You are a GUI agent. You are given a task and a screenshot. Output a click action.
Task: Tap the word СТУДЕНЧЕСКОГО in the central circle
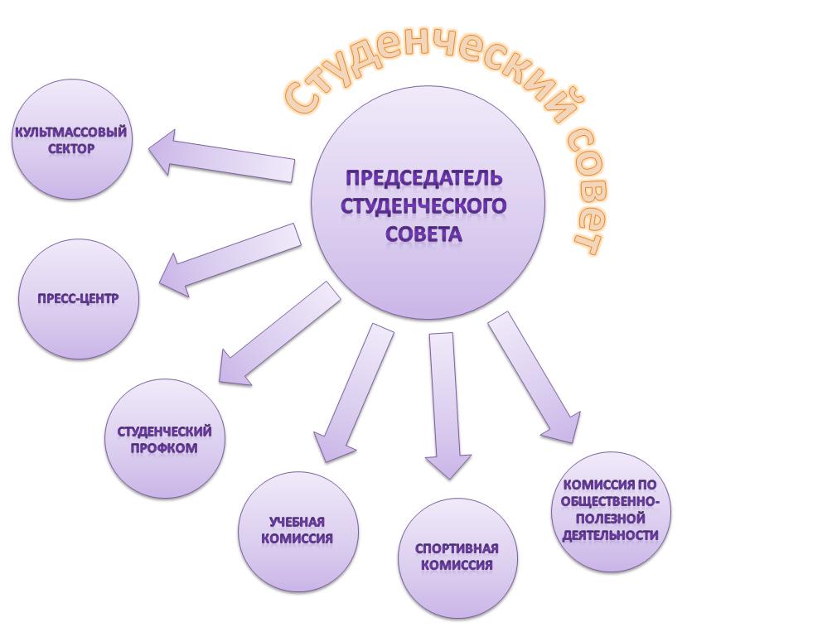423,206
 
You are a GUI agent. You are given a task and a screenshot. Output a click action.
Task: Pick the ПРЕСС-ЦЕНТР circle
78,298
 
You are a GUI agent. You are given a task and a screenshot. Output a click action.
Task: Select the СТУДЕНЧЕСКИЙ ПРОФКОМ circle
165,440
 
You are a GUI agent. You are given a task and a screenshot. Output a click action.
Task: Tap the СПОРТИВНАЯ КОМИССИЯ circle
457,557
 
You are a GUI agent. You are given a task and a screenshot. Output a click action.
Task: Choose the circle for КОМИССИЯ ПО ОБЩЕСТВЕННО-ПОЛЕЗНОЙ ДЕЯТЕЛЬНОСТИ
611,510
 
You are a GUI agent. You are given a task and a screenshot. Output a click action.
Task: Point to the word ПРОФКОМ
165,448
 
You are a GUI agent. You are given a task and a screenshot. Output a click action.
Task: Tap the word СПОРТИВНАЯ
457,549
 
